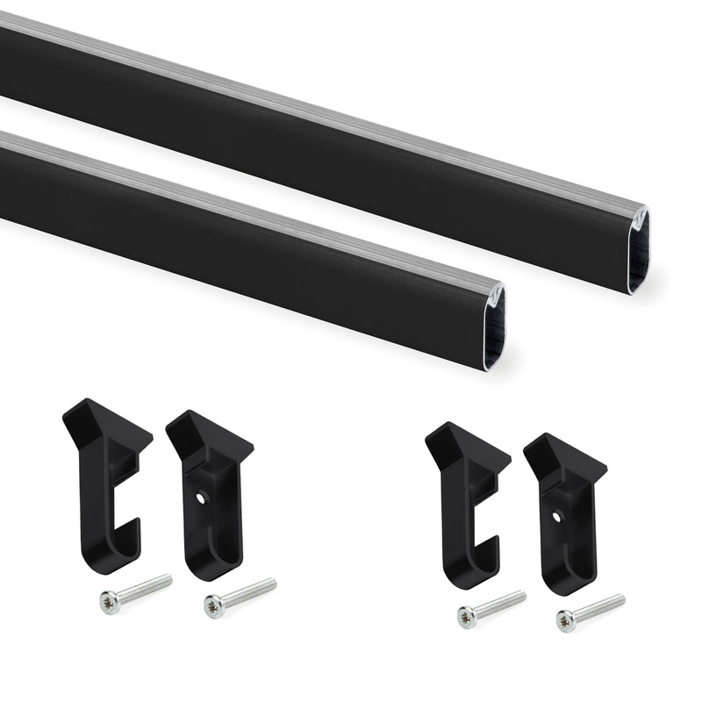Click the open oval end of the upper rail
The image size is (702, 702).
[638, 251]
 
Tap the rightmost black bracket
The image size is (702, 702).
[562, 513]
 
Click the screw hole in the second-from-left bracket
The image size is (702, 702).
[201, 496]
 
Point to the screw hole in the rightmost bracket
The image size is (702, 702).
[556, 516]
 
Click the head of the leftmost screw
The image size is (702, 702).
[110, 603]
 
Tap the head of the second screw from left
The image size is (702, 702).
[213, 604]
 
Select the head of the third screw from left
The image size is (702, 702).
[467, 617]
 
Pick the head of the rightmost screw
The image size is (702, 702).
[566, 620]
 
